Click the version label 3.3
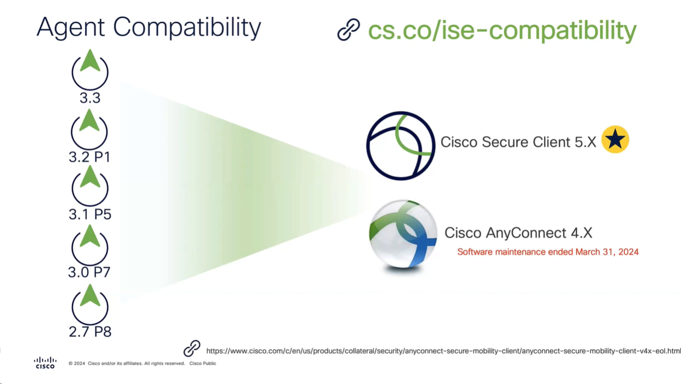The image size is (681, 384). coord(90,98)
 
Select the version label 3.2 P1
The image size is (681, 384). coord(89,157)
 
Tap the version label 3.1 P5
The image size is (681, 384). coord(90,214)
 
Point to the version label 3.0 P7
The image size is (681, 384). coord(89,272)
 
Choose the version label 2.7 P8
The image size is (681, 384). coord(90,331)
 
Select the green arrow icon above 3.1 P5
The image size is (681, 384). coord(90,177)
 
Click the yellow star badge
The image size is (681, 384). coord(615,140)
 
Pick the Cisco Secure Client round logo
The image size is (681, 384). coord(401,145)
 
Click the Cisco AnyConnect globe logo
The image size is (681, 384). coord(403,233)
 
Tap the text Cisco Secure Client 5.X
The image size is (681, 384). coord(518,142)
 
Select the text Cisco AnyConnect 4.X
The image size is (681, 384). coord(518,232)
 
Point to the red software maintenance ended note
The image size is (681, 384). coord(548,252)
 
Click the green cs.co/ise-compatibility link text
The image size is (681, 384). coord(502,31)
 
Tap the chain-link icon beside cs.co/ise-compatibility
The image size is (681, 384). coord(349,30)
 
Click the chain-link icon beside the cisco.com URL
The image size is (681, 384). coord(192,349)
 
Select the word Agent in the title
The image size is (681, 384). coord(71,28)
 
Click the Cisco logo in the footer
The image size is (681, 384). coord(45,363)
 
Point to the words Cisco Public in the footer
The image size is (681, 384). coord(203,363)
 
